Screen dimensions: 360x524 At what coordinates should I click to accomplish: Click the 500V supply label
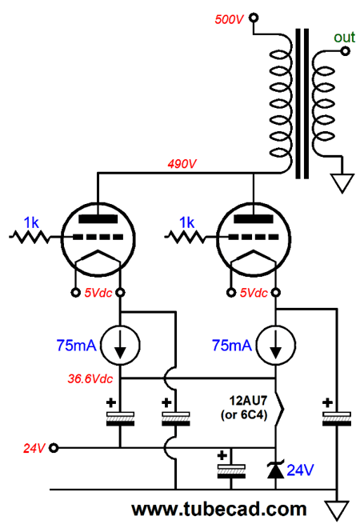click(230, 19)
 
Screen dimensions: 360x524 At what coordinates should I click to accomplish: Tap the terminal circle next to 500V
click(254, 18)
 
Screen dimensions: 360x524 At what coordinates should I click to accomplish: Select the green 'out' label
click(344, 37)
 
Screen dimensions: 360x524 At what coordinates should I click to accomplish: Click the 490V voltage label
click(182, 164)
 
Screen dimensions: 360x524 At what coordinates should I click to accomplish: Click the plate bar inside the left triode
click(98, 219)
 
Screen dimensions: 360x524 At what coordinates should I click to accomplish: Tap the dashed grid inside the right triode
click(254, 237)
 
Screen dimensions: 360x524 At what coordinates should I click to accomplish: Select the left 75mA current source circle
click(120, 345)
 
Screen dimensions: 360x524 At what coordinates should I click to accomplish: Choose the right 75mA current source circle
click(276, 345)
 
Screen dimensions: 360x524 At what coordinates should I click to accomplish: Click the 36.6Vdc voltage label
click(90, 378)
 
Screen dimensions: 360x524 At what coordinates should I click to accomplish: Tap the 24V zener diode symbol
click(276, 470)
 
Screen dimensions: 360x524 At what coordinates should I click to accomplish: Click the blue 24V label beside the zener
click(301, 470)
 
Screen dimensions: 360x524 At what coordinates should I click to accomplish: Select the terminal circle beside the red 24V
click(54, 447)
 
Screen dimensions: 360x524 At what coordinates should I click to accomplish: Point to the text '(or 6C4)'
click(244, 414)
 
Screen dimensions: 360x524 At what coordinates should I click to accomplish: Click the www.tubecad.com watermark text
click(219, 509)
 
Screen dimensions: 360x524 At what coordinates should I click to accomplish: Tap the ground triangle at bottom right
click(337, 510)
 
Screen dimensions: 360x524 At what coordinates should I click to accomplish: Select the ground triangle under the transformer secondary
click(342, 183)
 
